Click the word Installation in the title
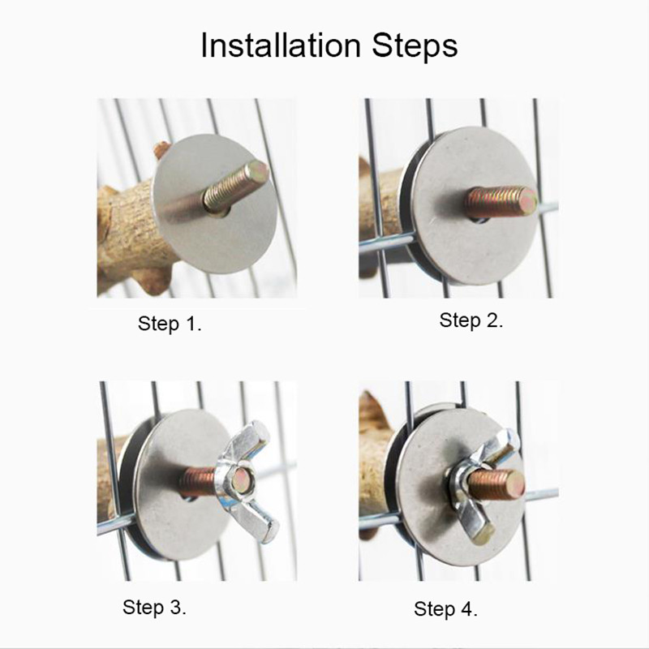281,45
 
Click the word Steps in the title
415,46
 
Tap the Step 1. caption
170,324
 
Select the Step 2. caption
471,320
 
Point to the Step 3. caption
154,608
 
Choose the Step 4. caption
445,609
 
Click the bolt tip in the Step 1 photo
259,170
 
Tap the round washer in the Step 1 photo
215,204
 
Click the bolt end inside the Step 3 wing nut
241,480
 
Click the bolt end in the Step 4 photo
515,485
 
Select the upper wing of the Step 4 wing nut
501,448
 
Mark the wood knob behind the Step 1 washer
161,150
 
